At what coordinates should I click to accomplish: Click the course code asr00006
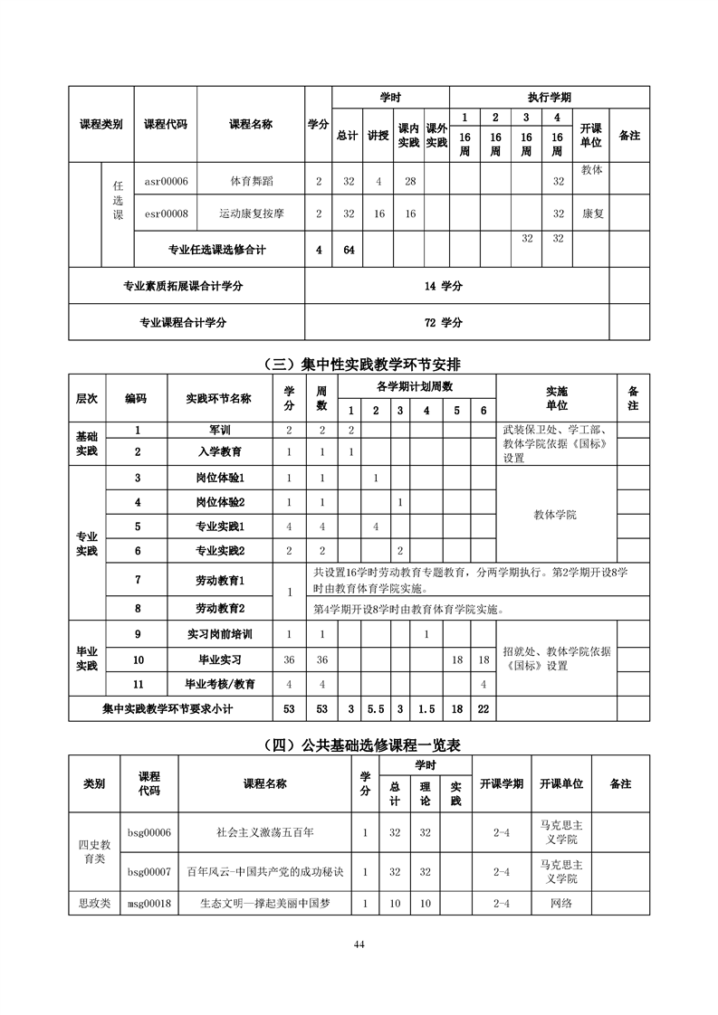[x=166, y=182]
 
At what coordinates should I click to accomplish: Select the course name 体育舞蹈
[x=250, y=182]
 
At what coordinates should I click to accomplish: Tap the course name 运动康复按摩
[x=251, y=214]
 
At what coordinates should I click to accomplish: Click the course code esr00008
[x=166, y=214]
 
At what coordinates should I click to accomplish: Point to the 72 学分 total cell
[x=443, y=322]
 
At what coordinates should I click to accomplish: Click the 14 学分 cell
[x=443, y=286]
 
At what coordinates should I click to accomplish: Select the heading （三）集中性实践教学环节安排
[x=359, y=365]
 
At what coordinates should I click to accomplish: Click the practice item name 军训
[x=220, y=431]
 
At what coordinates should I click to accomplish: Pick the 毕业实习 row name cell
[x=220, y=659]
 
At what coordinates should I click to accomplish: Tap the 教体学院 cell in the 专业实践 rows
[x=555, y=514]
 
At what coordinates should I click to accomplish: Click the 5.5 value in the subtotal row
[x=375, y=709]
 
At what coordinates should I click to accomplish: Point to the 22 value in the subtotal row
[x=483, y=709]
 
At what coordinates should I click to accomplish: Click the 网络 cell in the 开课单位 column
[x=561, y=903]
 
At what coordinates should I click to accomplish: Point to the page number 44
[x=359, y=944]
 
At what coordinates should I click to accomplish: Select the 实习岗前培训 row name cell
[x=220, y=634]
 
